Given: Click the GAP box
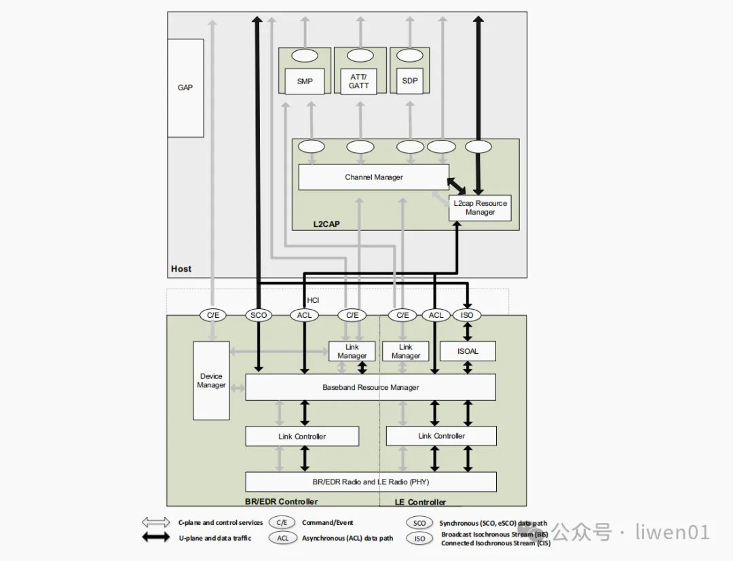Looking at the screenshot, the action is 185,88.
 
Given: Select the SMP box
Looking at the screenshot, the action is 305,82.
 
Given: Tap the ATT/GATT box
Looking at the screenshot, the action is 358,82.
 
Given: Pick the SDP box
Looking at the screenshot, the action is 410,81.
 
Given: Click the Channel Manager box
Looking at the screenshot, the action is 373,177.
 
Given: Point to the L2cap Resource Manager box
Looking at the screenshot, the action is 480,208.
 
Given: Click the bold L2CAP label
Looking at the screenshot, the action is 326,224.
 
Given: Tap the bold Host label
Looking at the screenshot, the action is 181,268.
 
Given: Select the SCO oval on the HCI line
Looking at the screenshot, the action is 259,315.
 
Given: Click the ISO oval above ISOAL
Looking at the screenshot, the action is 466,315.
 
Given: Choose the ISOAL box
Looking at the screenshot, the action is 468,351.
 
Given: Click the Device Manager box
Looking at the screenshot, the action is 211,380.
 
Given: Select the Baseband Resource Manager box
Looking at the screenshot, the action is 371,387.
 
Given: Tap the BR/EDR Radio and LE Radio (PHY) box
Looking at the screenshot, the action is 371,482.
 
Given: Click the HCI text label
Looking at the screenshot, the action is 313,300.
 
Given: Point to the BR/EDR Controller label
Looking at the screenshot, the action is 282,502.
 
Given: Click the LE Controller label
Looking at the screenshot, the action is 420,502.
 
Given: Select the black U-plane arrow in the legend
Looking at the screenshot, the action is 156,538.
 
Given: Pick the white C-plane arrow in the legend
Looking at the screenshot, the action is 156,522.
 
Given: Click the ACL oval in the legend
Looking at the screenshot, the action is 282,538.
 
